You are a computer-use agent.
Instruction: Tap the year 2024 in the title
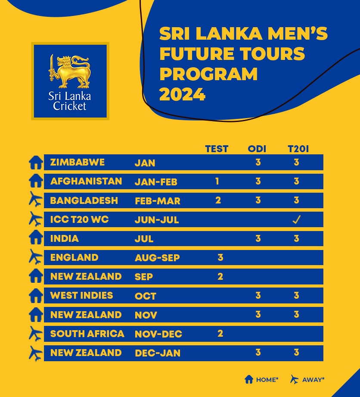182,94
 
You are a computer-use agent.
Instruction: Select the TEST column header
217,149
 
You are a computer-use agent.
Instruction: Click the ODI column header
257,149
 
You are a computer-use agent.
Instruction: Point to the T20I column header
298,149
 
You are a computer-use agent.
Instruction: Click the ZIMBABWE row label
77,163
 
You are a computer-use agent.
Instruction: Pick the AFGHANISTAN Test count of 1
217,181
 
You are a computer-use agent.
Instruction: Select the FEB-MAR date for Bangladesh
157,201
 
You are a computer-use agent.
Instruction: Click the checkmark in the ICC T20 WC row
296,220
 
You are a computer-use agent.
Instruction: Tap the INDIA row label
64,238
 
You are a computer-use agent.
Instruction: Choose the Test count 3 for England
220,258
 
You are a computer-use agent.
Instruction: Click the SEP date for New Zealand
143,277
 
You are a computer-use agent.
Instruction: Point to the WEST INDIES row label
81,296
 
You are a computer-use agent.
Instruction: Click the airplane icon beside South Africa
36,334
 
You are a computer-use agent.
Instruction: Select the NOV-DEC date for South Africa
158,334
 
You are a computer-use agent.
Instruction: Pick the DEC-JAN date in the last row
157,353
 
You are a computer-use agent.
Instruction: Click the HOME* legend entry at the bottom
261,380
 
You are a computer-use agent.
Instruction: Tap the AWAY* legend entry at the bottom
307,380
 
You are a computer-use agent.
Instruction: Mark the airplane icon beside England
36,258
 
